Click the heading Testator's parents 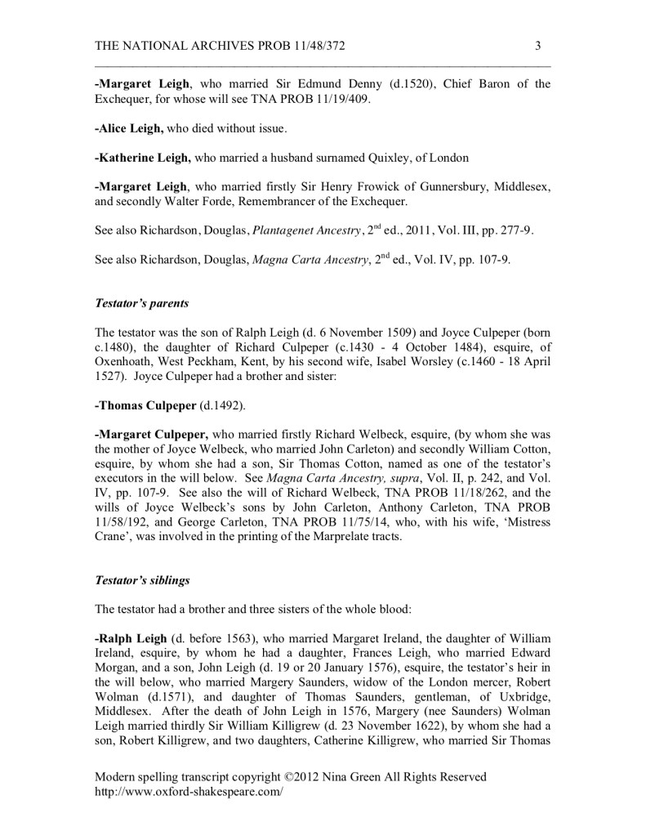coord(142,303)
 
